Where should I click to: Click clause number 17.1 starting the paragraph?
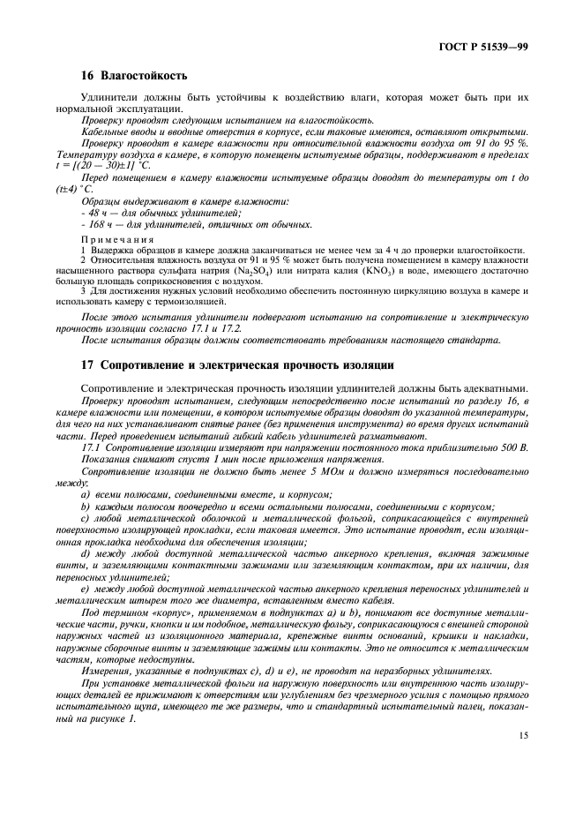coord(92,448)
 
